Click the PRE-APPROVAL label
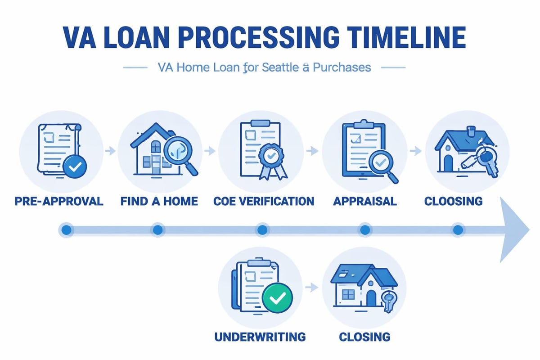point(59,201)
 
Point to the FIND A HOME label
point(159,201)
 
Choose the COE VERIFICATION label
point(263,201)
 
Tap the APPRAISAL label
point(365,201)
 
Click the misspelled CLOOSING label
point(453,201)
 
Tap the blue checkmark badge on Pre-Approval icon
point(75,168)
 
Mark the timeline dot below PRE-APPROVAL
point(66,230)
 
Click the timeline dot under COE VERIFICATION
point(262,230)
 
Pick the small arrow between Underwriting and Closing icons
point(309,286)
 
